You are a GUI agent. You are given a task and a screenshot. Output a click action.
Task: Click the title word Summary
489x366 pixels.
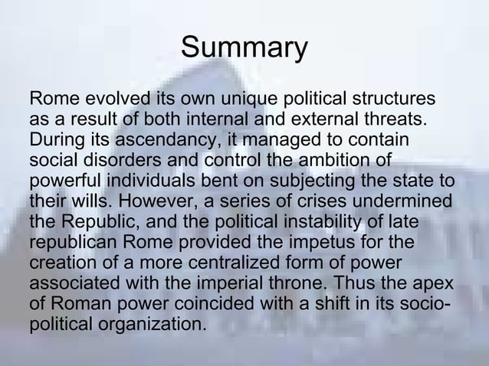tap(244, 47)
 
